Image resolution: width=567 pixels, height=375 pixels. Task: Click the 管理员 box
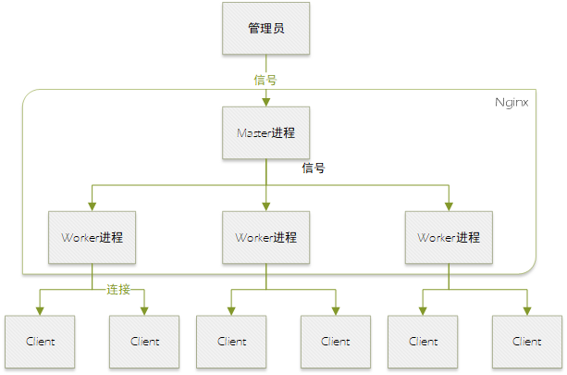(265, 28)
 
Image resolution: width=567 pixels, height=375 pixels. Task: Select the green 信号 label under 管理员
(265, 80)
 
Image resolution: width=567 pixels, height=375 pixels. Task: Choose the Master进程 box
(265, 133)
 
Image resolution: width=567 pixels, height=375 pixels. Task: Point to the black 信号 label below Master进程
(314, 169)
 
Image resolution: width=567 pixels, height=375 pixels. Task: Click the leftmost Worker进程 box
(92, 237)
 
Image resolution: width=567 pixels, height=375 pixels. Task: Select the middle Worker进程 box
(265, 237)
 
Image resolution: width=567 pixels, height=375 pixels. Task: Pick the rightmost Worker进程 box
(449, 237)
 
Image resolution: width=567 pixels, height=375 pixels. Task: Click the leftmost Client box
(41, 341)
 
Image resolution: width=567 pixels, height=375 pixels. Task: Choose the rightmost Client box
(527, 341)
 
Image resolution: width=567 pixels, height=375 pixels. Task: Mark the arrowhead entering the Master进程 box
(265, 102)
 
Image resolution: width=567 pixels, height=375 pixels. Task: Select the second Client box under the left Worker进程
(145, 341)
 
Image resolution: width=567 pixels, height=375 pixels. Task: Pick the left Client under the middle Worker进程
(231, 341)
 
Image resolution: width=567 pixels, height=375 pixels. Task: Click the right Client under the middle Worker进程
(336, 341)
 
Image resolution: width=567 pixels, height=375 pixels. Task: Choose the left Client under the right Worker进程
(423, 341)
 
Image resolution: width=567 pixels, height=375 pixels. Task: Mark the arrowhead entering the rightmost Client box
(527, 310)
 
